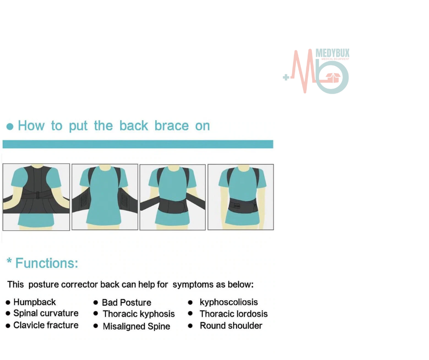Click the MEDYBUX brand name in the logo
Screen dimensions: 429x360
[x=332, y=53]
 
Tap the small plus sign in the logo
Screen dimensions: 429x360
[x=286, y=78]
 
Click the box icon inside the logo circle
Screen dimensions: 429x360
[x=333, y=78]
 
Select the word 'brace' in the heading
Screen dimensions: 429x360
[x=172, y=126]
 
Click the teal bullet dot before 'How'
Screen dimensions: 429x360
[x=10, y=127]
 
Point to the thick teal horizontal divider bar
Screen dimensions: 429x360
[x=138, y=144]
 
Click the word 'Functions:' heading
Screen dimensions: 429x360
[x=47, y=263]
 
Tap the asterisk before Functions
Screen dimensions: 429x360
[x=9, y=261]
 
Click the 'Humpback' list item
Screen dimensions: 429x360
[x=35, y=302]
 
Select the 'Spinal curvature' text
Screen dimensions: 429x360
[x=46, y=313]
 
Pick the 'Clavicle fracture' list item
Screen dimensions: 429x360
[x=46, y=325]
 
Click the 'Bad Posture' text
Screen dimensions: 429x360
[x=126, y=302]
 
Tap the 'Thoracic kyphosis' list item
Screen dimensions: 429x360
[x=139, y=314]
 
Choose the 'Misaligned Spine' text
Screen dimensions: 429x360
[x=136, y=326]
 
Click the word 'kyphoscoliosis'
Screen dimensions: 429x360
[x=229, y=302]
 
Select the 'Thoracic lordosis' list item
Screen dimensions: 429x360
[x=234, y=314]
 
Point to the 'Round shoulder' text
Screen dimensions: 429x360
[x=231, y=326]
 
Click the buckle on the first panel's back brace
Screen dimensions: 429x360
[x=38, y=195]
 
